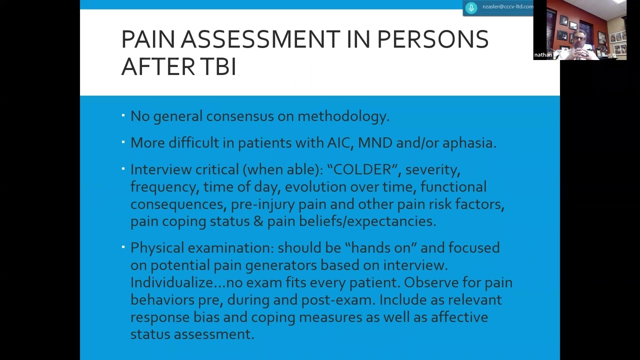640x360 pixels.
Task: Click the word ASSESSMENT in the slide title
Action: [x=260, y=39]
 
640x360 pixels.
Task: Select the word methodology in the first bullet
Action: [x=343, y=116]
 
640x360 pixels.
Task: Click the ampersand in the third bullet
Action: [x=258, y=221]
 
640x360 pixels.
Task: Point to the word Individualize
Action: [x=172, y=282]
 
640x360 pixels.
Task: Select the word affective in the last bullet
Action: [x=459, y=317]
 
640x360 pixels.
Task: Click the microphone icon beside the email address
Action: [x=471, y=7]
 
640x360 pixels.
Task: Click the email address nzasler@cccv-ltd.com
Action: [x=507, y=7]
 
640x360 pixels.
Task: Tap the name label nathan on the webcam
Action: [x=542, y=55]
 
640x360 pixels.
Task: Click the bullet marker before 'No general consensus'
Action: [x=123, y=116]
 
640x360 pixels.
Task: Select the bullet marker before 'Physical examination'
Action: [x=123, y=247]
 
